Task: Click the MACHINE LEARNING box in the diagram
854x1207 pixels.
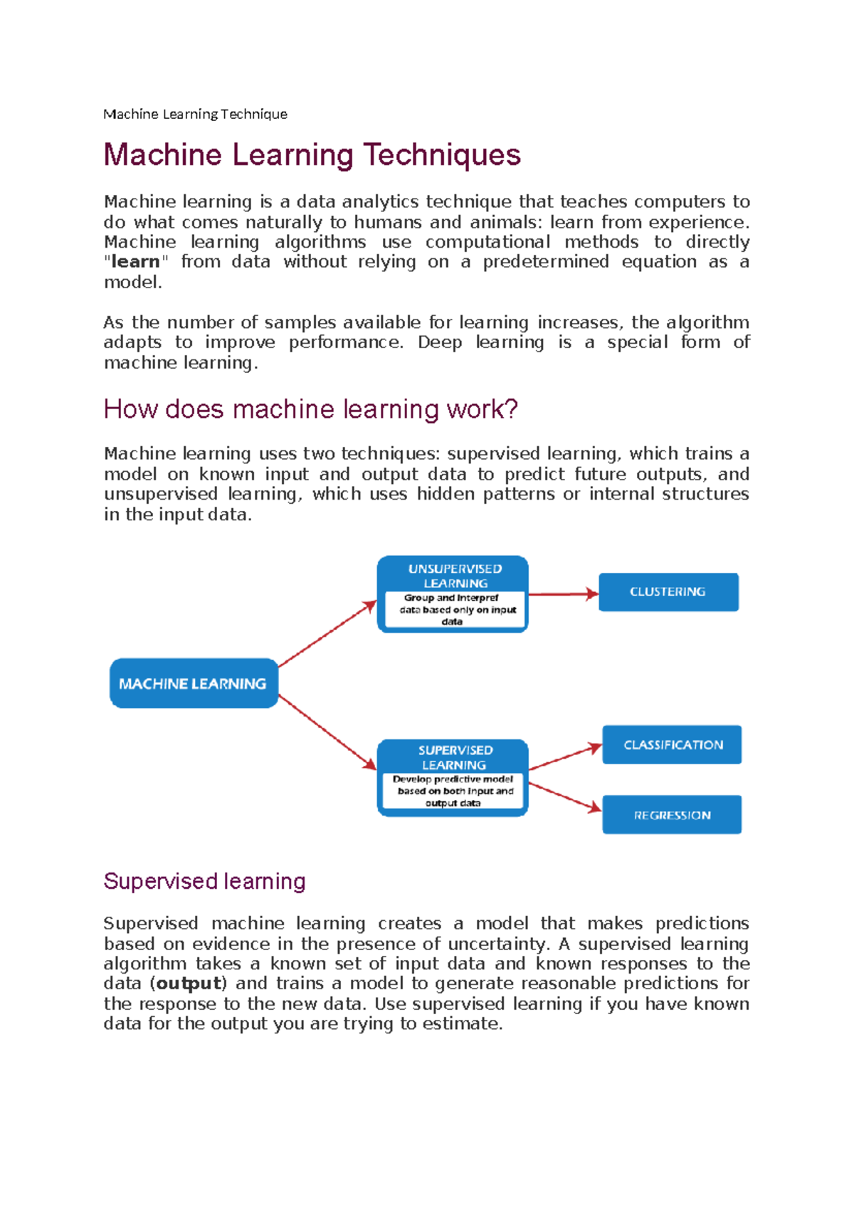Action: pyautogui.click(x=194, y=683)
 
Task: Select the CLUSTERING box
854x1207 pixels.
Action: pyautogui.click(x=668, y=592)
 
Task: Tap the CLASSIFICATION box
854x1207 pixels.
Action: pyautogui.click(x=672, y=744)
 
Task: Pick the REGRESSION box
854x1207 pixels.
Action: pyautogui.click(x=672, y=815)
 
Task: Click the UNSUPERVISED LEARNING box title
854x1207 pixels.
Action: pyautogui.click(x=455, y=576)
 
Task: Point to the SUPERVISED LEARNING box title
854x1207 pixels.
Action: pyautogui.click(x=455, y=757)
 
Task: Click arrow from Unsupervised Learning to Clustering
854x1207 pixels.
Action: pyautogui.click(x=562, y=594)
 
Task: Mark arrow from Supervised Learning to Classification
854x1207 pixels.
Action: pyautogui.click(x=565, y=757)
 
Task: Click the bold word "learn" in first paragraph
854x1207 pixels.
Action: pyautogui.click(x=135, y=262)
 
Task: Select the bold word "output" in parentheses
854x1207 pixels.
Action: pyautogui.click(x=189, y=984)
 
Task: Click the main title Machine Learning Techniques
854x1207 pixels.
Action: pyautogui.click(x=312, y=155)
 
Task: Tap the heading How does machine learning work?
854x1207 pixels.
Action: pyautogui.click(x=310, y=409)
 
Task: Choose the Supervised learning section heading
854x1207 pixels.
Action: pyautogui.click(x=204, y=881)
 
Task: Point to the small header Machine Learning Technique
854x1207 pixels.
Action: pyautogui.click(x=195, y=114)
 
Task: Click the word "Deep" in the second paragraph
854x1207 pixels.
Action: pyautogui.click(x=439, y=342)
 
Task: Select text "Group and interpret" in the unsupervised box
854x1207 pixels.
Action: pyautogui.click(x=451, y=598)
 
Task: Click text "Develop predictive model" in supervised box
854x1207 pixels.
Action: pyautogui.click(x=453, y=779)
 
